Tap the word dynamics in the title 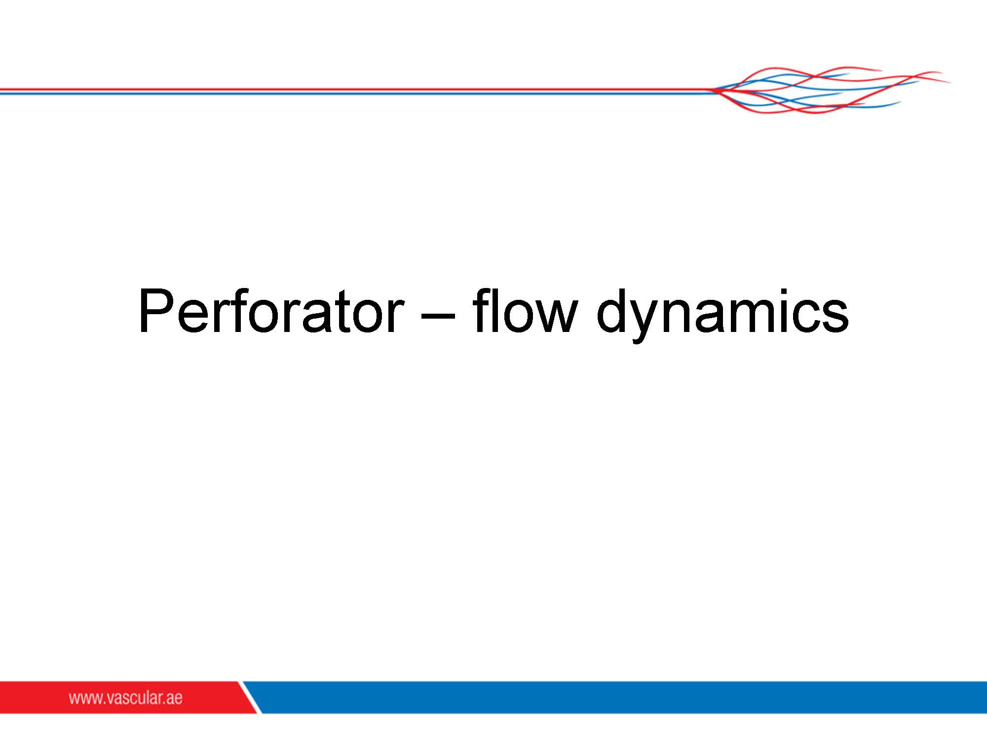tap(722, 315)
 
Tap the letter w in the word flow tap(553, 317)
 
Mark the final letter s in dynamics tap(835, 317)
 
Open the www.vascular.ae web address tap(125, 698)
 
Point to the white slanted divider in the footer tap(250, 697)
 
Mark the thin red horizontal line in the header tap(355, 89)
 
